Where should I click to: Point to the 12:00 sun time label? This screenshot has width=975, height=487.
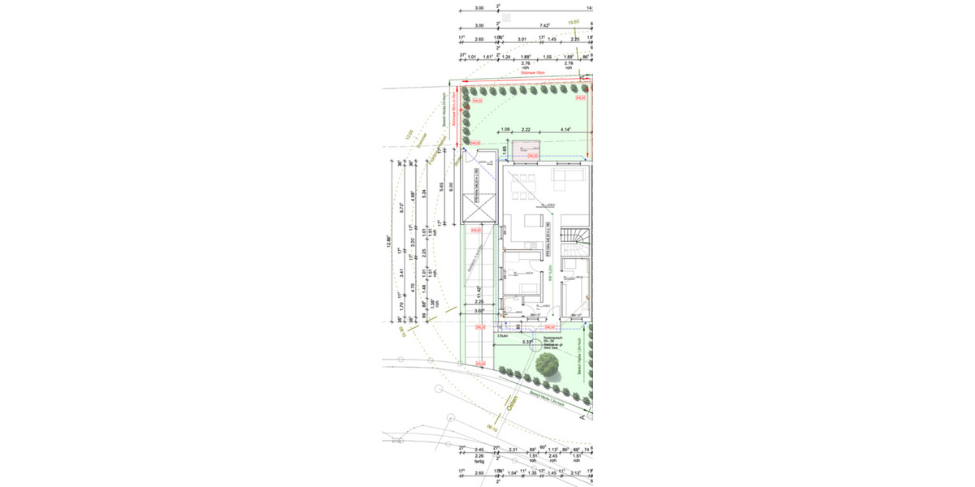(x=410, y=136)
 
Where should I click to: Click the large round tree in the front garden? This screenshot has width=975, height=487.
(x=550, y=368)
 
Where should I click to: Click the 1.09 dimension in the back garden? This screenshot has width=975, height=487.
(x=505, y=130)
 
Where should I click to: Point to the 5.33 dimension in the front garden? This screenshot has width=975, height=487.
(x=528, y=342)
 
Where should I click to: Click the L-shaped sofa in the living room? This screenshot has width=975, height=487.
(x=569, y=176)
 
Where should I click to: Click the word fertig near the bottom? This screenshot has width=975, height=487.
(x=479, y=463)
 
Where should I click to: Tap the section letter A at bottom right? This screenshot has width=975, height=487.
(x=582, y=418)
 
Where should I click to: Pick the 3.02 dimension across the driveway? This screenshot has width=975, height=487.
(x=479, y=310)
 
